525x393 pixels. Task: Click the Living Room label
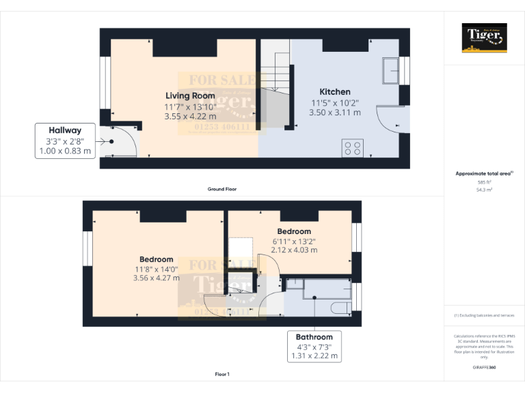[189, 96]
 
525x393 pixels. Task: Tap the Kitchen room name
[335, 92]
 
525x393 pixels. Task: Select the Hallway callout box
[64, 141]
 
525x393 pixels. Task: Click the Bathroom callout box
[314, 346]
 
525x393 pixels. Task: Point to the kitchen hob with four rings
[353, 148]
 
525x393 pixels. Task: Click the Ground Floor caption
[222, 189]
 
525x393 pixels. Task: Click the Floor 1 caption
[222, 375]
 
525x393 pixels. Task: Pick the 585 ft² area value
[484, 182]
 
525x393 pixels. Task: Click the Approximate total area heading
[483, 174]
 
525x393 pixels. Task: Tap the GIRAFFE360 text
[484, 368]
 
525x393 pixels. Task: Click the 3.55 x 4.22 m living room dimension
[189, 117]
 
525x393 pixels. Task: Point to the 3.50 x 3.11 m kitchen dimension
[335, 113]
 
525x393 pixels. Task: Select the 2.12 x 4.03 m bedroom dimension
[294, 250]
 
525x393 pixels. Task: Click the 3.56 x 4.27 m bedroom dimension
[157, 278]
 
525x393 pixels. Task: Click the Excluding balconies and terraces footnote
[484, 315]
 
